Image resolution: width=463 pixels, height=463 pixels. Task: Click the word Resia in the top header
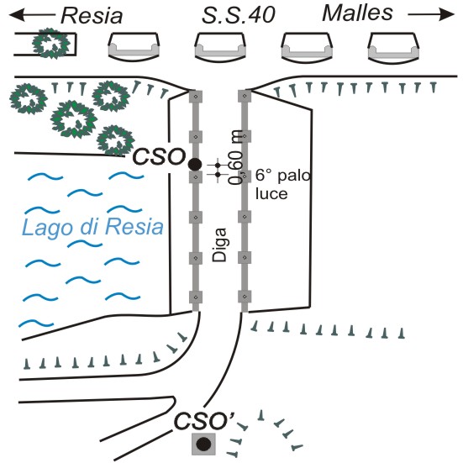coord(92,16)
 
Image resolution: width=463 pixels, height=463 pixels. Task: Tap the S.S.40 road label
coord(239,15)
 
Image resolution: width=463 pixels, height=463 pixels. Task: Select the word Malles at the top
coord(357,13)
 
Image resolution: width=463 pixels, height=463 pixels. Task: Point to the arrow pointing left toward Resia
coord(32,14)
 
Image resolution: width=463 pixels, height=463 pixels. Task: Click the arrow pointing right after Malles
coord(431,14)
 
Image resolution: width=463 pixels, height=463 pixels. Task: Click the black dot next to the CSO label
coord(195,164)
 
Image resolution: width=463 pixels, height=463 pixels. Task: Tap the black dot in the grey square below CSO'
coord(203,444)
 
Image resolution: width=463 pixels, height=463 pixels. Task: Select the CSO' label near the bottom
coord(204,420)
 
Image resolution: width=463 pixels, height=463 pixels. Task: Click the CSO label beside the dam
coord(159,156)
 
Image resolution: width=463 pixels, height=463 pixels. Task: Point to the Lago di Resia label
coord(92,228)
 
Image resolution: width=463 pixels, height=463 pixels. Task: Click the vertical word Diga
coord(219,245)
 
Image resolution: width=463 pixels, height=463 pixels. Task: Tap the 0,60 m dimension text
coord(236,157)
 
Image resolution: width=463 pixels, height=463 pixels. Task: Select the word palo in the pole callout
coord(294,176)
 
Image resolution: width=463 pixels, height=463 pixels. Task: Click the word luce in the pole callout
coord(271,194)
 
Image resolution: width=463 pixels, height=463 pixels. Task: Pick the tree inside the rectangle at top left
coord(51,44)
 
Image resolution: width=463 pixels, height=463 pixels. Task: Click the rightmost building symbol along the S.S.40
coord(393,47)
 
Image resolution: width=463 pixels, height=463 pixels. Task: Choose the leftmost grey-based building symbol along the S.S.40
coord(134,47)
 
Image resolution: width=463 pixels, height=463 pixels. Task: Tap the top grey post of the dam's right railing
coord(245,96)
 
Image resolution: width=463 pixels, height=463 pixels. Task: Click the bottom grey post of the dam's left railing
coord(196,297)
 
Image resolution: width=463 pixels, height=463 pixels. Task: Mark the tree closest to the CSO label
coord(115,140)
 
